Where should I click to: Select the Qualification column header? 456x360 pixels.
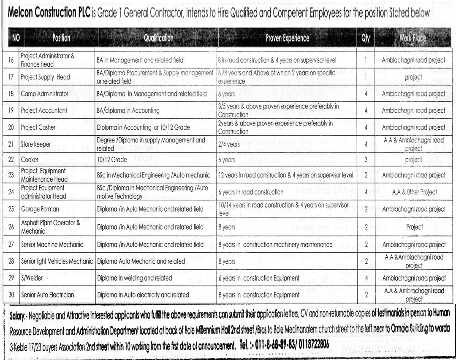pos(158,38)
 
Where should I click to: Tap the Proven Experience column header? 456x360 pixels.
pos(287,38)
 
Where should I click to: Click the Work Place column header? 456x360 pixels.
pos(413,38)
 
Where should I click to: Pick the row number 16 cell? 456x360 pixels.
pos(11,60)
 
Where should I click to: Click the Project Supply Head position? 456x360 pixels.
pos(45,77)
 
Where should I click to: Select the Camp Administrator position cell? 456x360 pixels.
pos(44,94)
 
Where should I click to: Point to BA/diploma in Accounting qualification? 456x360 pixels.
pos(128,111)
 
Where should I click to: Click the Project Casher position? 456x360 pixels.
pos(38,127)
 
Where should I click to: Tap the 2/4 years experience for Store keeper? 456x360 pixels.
pos(229,144)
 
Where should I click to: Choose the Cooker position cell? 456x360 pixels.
pos(30,160)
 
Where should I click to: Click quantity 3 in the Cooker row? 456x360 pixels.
pos(366,160)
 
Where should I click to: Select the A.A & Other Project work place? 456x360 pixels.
pos(414,192)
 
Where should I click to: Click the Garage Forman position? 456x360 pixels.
pos(40,209)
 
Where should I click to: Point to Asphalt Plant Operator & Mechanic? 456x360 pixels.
pos(50,227)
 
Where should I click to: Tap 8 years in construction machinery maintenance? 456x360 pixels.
pos(275,245)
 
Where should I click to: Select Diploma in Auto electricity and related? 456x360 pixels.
pos(143,295)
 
